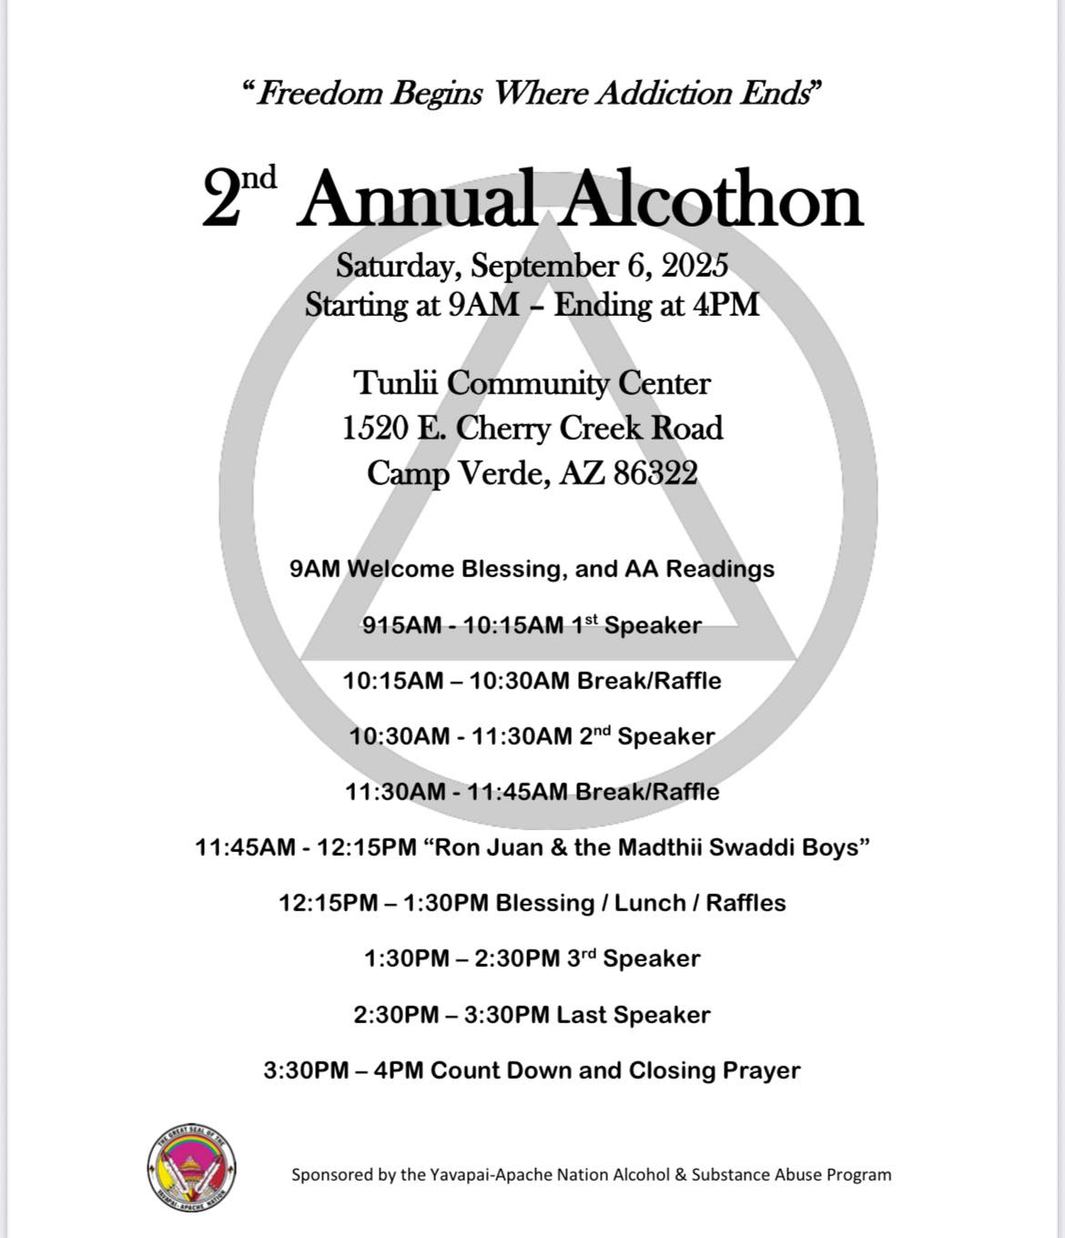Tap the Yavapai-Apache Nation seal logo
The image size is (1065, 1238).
(191, 1169)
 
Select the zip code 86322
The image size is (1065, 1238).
(655, 473)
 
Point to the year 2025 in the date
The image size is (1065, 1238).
(695, 266)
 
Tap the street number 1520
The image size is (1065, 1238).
(374, 429)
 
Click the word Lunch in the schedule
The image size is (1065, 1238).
(650, 903)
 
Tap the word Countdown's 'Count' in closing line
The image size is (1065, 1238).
(465, 1070)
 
